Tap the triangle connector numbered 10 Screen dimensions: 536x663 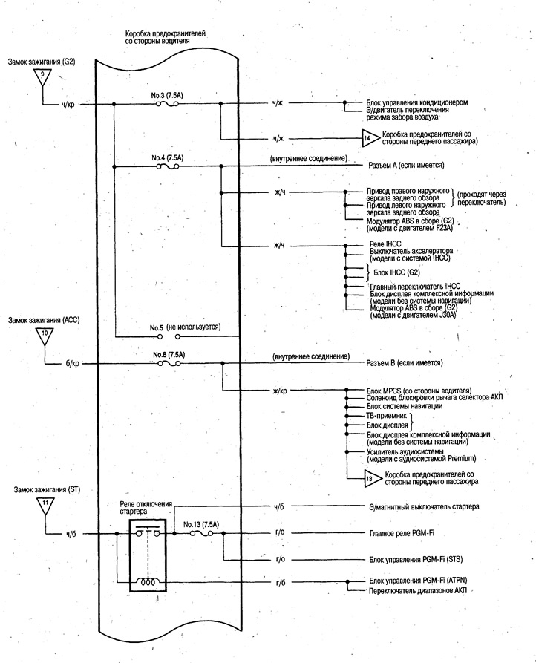click(x=45, y=335)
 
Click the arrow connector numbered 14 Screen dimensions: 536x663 click(x=367, y=138)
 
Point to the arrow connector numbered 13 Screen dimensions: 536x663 click(x=370, y=479)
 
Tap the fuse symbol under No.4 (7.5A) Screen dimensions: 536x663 click(x=167, y=166)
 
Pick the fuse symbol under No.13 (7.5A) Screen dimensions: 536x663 click(x=201, y=534)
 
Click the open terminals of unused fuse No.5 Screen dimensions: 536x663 click(x=169, y=336)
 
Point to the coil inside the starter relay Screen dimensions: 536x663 click(x=148, y=582)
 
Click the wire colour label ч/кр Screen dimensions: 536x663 click(x=68, y=105)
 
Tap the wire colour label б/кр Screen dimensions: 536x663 click(x=70, y=364)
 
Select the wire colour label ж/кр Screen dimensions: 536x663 click(x=281, y=391)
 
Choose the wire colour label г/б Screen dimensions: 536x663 click(x=281, y=583)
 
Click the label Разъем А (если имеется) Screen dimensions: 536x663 click(x=406, y=166)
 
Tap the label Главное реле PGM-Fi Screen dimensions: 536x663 click(x=402, y=533)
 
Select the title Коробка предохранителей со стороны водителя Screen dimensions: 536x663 click(x=165, y=37)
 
